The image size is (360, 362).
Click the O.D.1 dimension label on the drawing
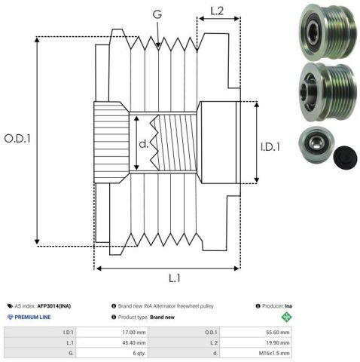pyautogui.click(x=17, y=139)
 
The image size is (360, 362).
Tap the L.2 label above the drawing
pyautogui.click(x=217, y=11)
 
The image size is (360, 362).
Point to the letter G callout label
pyautogui.click(x=157, y=14)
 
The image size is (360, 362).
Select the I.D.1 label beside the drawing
pyautogui.click(x=270, y=147)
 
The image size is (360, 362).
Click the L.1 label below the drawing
pyautogui.click(x=175, y=278)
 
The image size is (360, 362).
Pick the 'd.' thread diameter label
pyautogui.click(x=144, y=143)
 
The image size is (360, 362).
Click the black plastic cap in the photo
pyautogui.click(x=346, y=158)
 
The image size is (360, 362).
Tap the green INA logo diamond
pyautogui.click(x=286, y=317)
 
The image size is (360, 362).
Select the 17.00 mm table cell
pyautogui.click(x=134, y=333)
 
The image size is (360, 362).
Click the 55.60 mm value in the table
pyautogui.click(x=278, y=333)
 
